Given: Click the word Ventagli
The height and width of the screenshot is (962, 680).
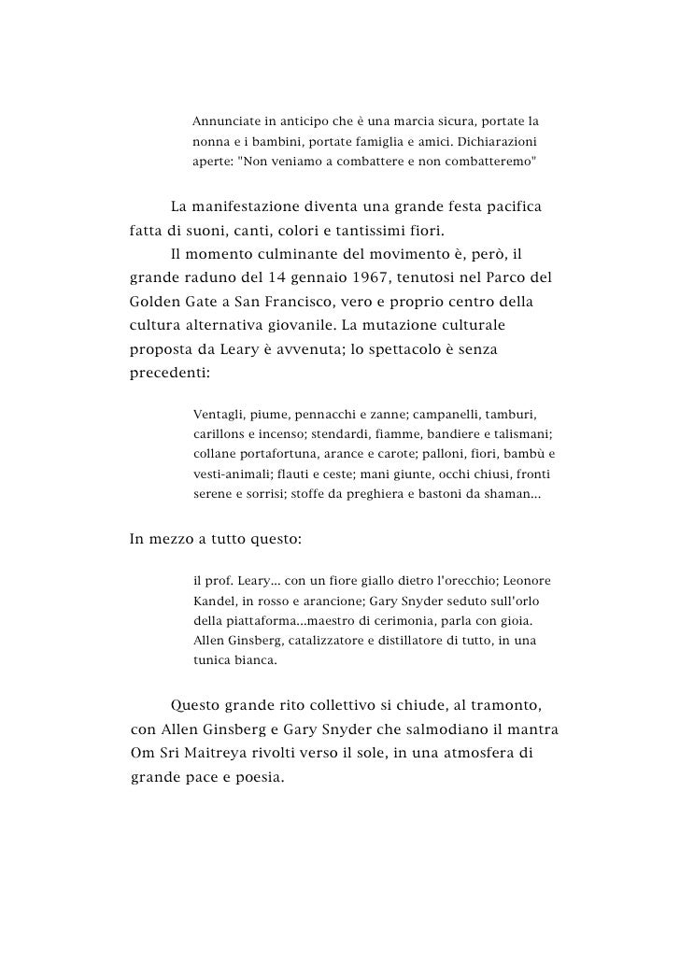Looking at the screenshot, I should point(220,414).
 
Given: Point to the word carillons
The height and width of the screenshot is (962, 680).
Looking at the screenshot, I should point(222,434).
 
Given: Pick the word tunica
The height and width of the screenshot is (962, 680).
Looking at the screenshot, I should point(212,660).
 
